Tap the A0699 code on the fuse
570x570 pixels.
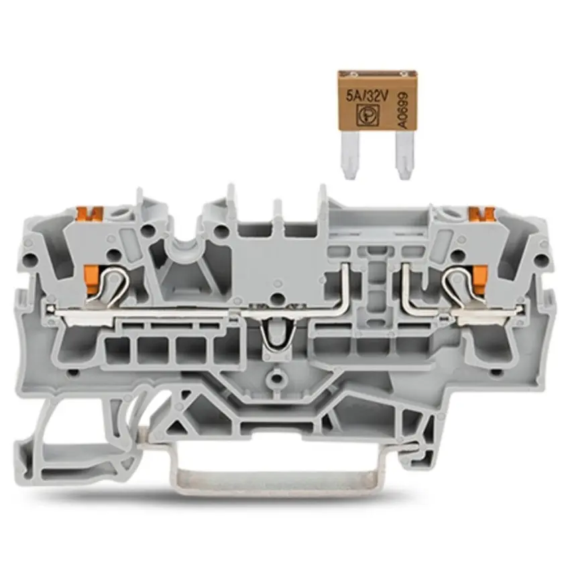403,110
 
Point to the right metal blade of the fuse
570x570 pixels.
404,155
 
